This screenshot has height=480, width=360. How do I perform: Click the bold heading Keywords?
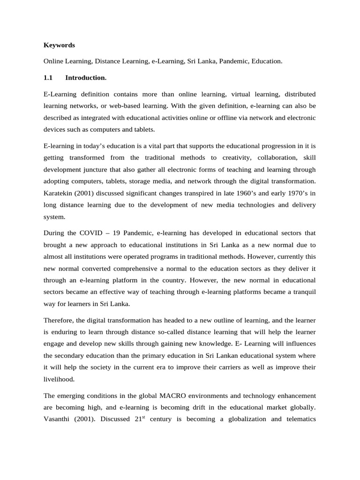[59, 45]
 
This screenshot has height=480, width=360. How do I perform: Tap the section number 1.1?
[48, 77]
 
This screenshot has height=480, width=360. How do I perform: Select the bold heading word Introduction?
[86, 77]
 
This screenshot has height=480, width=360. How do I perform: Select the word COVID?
[92, 232]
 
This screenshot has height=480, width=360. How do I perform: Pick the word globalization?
[243, 419]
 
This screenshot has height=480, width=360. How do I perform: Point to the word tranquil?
[300, 292]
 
